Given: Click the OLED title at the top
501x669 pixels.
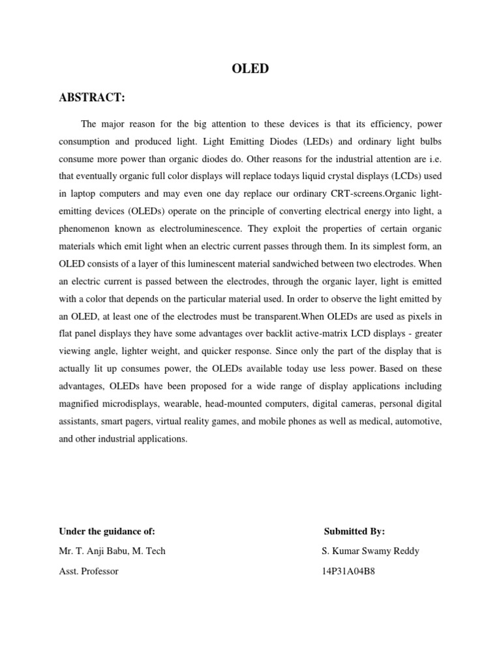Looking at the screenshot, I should (x=250, y=69).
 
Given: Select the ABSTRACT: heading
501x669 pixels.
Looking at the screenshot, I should (x=91, y=98).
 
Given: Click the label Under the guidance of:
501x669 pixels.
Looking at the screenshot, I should (x=107, y=531).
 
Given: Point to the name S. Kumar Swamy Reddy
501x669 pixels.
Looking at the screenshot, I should (x=371, y=551).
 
